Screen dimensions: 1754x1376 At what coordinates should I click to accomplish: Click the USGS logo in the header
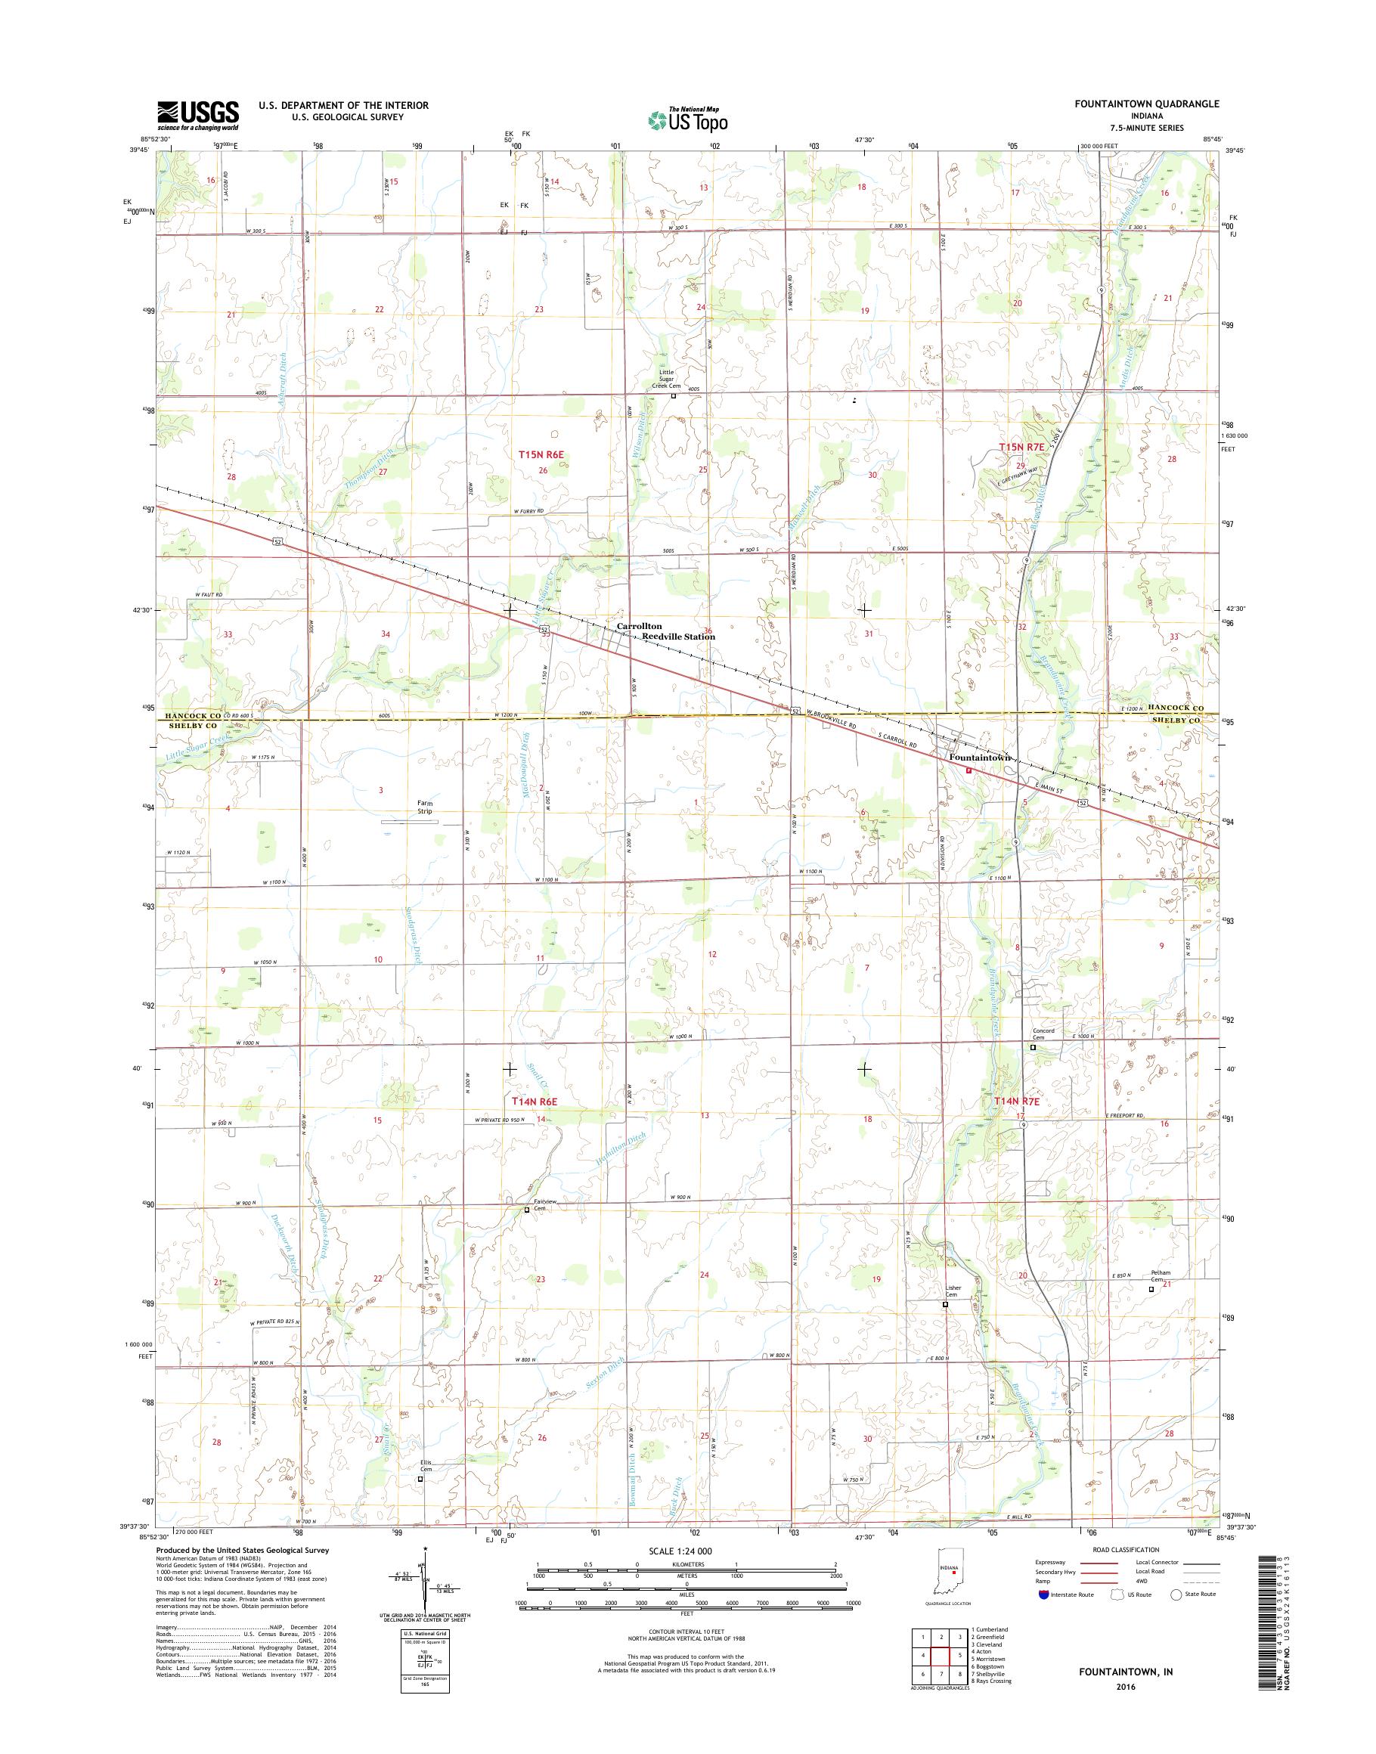(197, 115)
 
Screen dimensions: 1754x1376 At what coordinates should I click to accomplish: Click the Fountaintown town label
(979, 758)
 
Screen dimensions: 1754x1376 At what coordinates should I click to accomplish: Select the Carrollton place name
(639, 625)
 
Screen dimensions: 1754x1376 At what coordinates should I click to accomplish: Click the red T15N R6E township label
(541, 454)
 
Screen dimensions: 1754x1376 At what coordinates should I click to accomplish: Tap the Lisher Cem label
(953, 1291)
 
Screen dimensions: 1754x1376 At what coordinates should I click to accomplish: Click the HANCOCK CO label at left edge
(194, 715)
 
